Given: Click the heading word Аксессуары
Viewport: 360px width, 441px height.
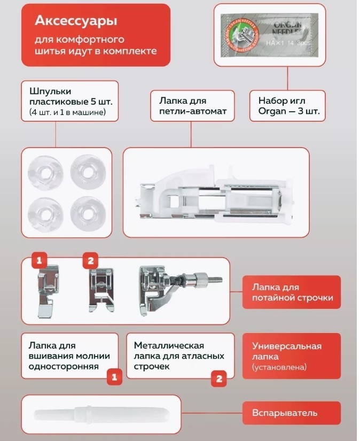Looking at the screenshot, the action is pos(76,21).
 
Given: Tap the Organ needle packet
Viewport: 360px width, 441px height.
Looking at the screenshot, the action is pos(270,35).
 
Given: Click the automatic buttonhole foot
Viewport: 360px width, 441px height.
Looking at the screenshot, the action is pos(216,195).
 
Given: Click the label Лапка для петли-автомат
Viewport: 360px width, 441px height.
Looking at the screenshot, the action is pos(192,106).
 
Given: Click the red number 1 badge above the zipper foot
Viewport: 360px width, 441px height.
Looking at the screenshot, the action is pos(40,260).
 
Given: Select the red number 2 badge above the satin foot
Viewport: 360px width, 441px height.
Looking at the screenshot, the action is pos(90,260).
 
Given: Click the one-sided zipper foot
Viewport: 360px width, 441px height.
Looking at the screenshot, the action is pos(48,291).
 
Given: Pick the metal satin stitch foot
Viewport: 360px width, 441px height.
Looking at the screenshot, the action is pos(101,290).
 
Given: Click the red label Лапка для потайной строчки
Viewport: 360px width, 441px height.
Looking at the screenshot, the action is pos(292,292).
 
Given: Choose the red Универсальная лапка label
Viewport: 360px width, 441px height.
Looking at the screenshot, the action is pos(292,356).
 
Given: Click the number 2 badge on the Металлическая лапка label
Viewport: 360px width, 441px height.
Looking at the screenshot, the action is pos(219,378).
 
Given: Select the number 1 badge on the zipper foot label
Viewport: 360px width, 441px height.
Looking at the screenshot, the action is pos(114,377).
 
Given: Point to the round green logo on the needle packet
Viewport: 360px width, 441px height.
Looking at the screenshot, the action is pos(241,35).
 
